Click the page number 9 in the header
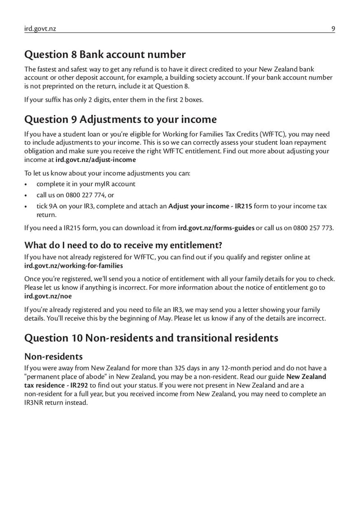click(x=333, y=29)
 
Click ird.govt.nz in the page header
click(x=40, y=29)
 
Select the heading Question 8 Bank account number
click(x=105, y=55)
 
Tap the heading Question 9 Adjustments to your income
click(x=120, y=119)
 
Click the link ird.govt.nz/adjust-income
click(x=95, y=160)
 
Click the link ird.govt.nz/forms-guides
click(x=216, y=228)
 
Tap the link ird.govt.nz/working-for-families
click(x=73, y=265)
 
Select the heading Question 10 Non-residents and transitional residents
click(x=151, y=338)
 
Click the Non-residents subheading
click(x=54, y=356)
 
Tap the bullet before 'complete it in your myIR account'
click(x=27, y=184)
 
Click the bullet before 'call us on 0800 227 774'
click(x=27, y=195)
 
